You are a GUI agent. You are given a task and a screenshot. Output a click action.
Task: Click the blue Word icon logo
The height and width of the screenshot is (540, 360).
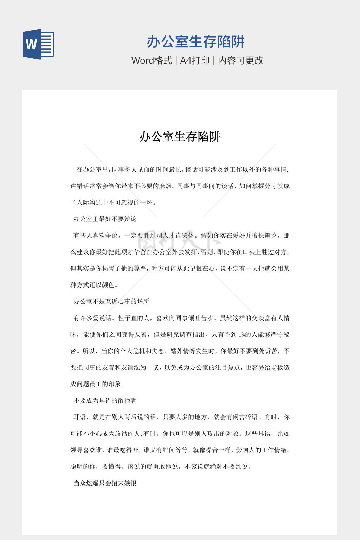click(38, 44)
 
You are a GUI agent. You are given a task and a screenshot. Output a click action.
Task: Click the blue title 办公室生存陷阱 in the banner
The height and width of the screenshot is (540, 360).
click(195, 42)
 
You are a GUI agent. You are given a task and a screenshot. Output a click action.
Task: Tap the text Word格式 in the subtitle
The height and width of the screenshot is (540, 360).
click(152, 60)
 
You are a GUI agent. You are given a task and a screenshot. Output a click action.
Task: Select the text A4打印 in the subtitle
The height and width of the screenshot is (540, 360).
click(195, 60)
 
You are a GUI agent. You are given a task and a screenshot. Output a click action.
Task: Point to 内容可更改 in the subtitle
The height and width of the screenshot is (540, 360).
click(241, 60)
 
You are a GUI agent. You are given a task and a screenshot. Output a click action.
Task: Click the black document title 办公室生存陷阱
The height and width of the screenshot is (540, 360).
click(180, 136)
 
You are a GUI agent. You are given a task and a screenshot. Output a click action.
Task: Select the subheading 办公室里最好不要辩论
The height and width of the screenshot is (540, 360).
click(105, 219)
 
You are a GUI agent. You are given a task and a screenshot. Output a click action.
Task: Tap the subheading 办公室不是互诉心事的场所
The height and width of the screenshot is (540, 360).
click(111, 301)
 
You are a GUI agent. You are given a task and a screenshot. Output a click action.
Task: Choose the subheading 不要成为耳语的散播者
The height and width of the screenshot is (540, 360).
click(105, 400)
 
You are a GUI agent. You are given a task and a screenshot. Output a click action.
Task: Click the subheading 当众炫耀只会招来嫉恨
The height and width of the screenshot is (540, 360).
click(105, 483)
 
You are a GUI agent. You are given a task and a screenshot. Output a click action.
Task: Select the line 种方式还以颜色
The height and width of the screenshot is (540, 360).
click(94, 285)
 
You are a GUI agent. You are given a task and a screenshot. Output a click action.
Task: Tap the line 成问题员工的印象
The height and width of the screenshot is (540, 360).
click(97, 384)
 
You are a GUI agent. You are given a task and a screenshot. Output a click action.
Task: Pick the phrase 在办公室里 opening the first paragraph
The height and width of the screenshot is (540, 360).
click(92, 169)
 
